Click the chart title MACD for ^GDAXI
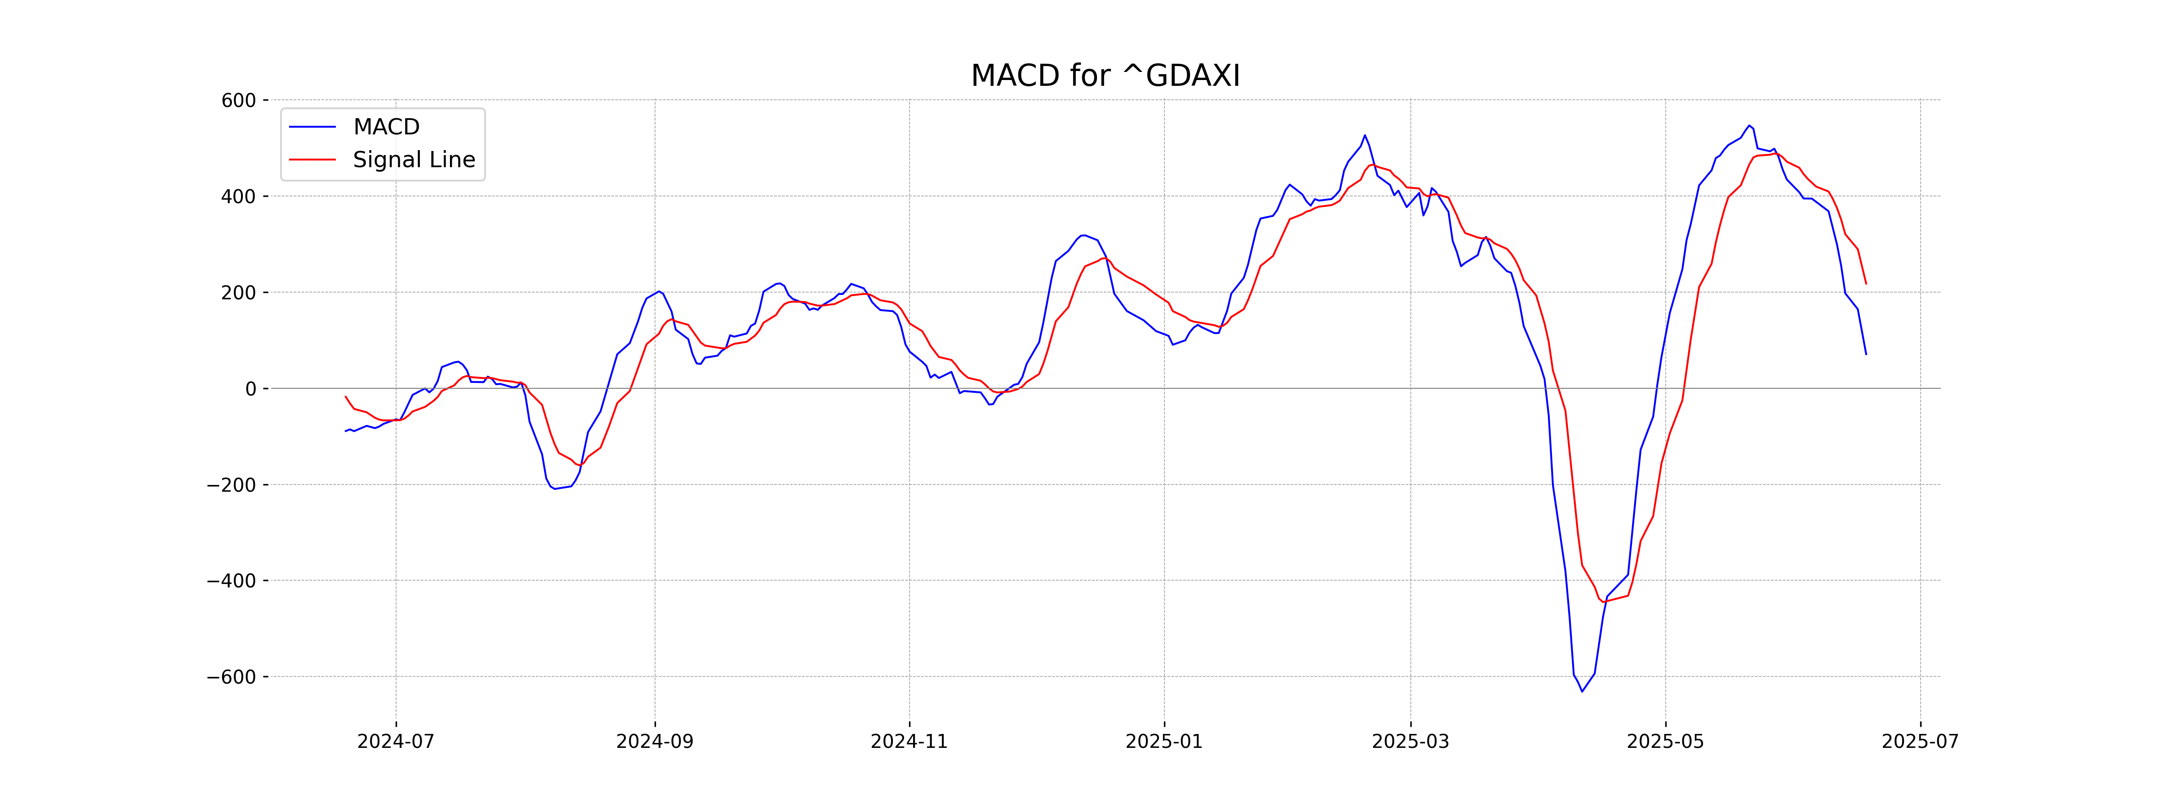pyautogui.click(x=1105, y=76)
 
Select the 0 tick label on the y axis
pyautogui.click(x=250, y=389)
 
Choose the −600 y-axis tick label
pyautogui.click(x=231, y=677)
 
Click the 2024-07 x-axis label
pyautogui.click(x=396, y=742)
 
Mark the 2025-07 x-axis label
pyautogui.click(x=1920, y=742)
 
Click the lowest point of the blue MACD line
pyautogui.click(x=1582, y=691)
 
